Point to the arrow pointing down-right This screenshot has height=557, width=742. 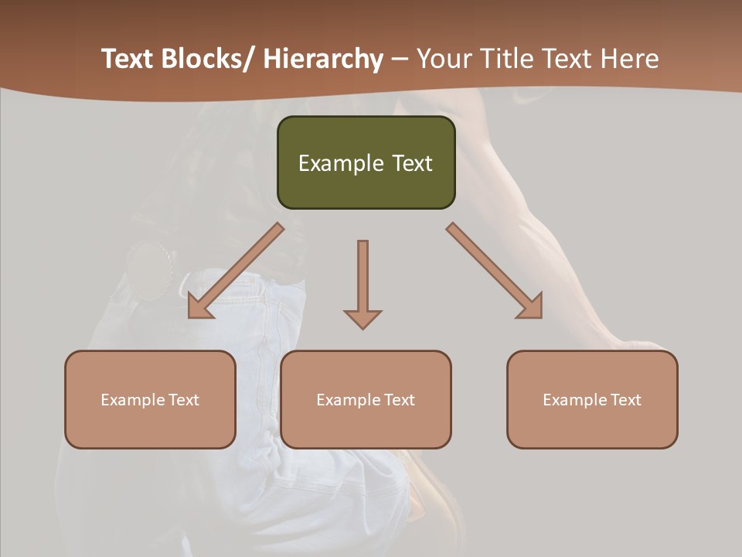495,272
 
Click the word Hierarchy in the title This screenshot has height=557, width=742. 323,60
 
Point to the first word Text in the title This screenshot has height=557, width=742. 125,60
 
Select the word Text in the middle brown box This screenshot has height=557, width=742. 399,400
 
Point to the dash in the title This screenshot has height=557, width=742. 400,60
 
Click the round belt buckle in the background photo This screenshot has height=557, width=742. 151,268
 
